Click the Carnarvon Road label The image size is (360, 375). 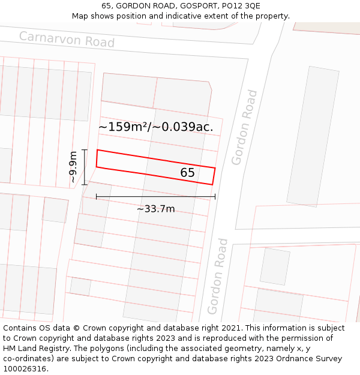(x=67, y=39)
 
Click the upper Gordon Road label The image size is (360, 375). (x=245, y=127)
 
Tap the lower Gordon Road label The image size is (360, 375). (x=218, y=276)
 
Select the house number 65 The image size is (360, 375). (x=187, y=173)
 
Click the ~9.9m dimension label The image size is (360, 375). (x=73, y=167)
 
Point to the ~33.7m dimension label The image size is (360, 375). (x=155, y=209)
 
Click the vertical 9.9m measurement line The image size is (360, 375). (x=85, y=167)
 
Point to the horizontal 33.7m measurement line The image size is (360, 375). (x=155, y=196)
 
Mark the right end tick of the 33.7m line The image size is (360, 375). (x=215, y=196)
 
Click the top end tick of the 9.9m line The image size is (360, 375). (x=85, y=150)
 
